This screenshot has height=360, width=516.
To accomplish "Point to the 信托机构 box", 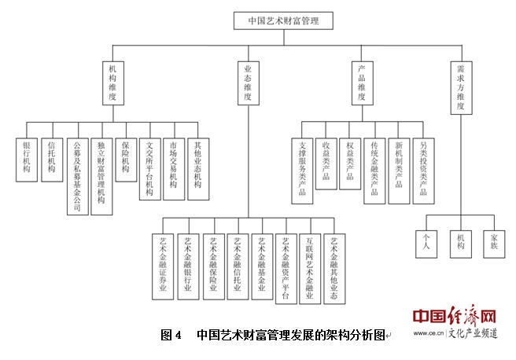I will [51, 156].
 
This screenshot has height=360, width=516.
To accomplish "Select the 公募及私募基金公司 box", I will [76, 167].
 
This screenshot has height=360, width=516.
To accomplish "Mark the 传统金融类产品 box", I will [374, 167].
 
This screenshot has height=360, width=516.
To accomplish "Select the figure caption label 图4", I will [171, 335].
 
